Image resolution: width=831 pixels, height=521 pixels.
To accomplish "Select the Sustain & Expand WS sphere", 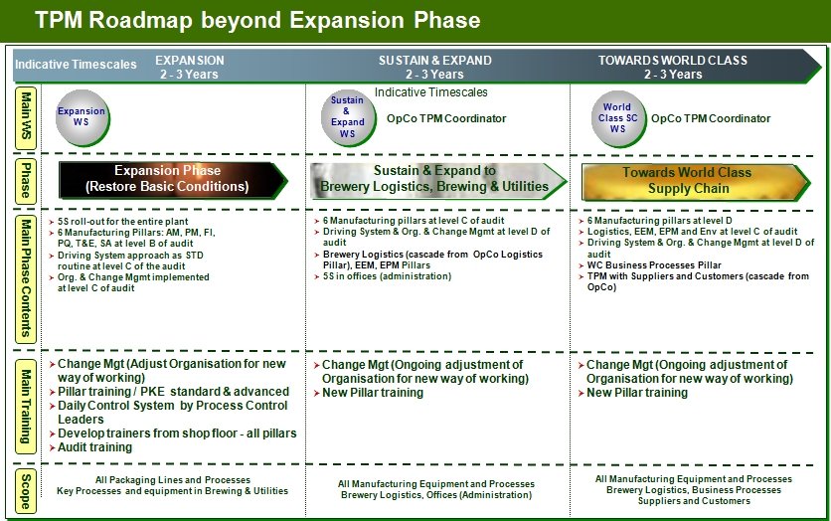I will click(347, 116).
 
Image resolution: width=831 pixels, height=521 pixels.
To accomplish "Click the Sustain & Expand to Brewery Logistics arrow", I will click(438, 179).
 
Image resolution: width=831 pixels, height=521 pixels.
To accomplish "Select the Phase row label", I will click(25, 179).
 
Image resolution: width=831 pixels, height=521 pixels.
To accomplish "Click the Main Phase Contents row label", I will click(25, 278).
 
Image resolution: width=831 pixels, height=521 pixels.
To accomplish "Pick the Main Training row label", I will click(25, 403).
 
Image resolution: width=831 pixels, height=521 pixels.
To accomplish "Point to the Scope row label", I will click(25, 490).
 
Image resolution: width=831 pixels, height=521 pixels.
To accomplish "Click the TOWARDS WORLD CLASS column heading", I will click(672, 61).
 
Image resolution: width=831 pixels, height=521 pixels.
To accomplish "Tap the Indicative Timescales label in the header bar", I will click(76, 65).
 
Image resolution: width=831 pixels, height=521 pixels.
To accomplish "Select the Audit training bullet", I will click(94, 447).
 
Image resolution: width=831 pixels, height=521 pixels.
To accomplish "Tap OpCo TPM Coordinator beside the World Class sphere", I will click(710, 118).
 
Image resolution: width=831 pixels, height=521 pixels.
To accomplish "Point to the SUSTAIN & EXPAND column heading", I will click(434, 61).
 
